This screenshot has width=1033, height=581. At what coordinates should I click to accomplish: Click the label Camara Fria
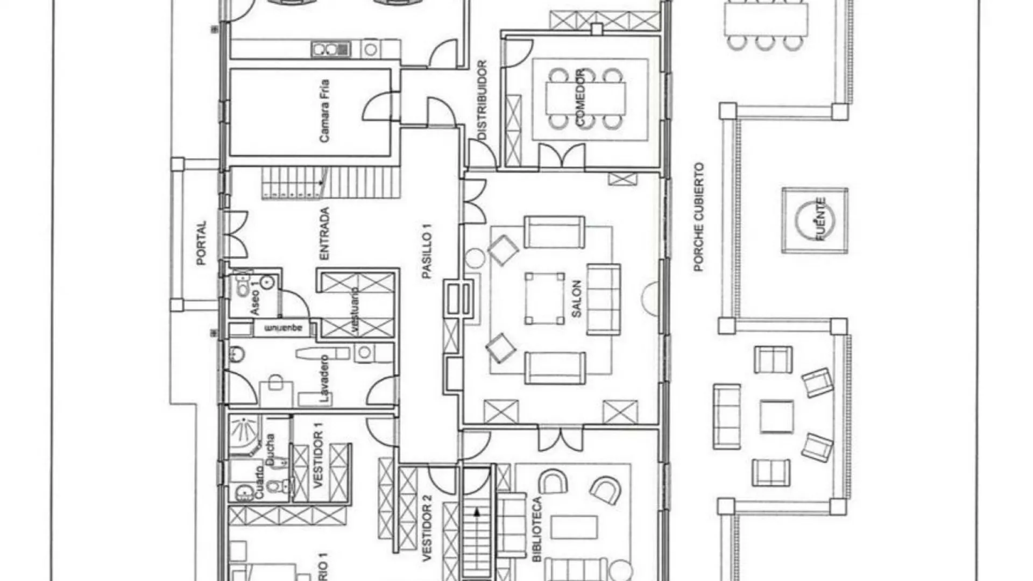pyautogui.click(x=324, y=111)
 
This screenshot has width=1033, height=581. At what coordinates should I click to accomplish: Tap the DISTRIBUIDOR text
pyautogui.click(x=482, y=101)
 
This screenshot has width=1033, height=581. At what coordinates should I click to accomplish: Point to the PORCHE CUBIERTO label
pyautogui.click(x=698, y=217)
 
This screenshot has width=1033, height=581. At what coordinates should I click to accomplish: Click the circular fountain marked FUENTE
pyautogui.click(x=815, y=219)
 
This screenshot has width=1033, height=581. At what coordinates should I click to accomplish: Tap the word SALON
pyautogui.click(x=576, y=299)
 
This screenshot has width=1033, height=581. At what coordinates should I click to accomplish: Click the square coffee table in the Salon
pyautogui.click(x=544, y=299)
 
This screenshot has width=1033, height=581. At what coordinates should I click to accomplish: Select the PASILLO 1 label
pyautogui.click(x=427, y=251)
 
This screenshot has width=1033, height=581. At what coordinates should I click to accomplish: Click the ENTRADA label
pyautogui.click(x=324, y=234)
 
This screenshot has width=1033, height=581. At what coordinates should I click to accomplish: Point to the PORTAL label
pyautogui.click(x=201, y=243)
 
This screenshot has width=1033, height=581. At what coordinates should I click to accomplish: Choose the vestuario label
pyautogui.click(x=355, y=311)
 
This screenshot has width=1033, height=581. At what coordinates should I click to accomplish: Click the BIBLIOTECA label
pyautogui.click(x=537, y=530)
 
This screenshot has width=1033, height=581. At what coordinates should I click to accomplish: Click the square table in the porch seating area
pyautogui.click(x=776, y=416)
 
